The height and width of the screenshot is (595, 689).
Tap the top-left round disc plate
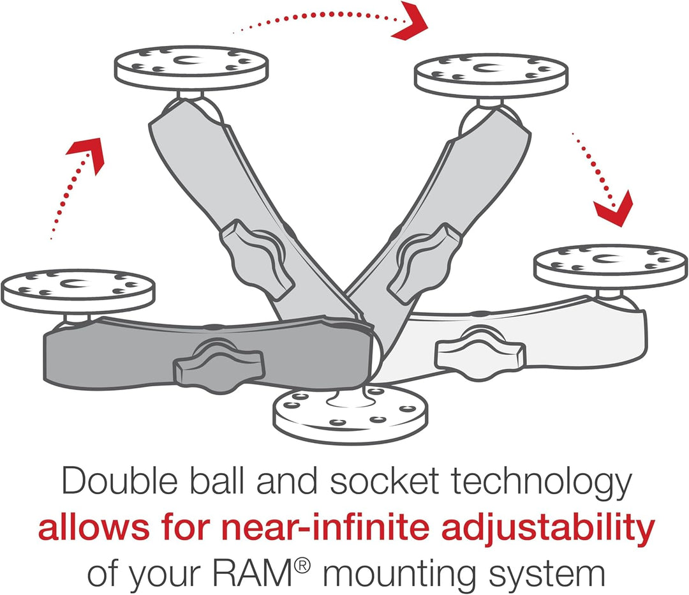[x=191, y=68]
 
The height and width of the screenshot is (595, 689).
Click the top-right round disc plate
[x=491, y=75]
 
